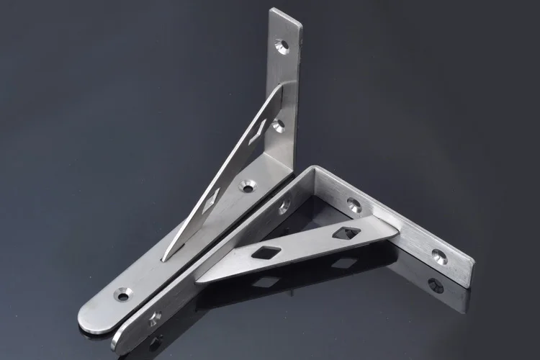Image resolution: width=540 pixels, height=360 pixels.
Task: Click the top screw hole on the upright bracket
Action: point(283,47)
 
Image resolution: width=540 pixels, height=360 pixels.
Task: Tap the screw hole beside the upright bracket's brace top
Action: point(279,126)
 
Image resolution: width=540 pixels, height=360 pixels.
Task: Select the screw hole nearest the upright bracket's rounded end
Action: point(123,294)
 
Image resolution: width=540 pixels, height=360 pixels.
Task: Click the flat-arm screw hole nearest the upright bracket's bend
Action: point(248,186)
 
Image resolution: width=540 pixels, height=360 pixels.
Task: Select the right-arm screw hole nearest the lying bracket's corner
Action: point(354,205)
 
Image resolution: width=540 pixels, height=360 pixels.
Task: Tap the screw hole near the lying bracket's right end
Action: point(438,254)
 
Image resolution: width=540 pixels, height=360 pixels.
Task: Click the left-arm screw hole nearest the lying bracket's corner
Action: point(284,207)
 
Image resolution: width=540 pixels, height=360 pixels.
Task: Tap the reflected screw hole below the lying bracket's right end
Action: point(436,285)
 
